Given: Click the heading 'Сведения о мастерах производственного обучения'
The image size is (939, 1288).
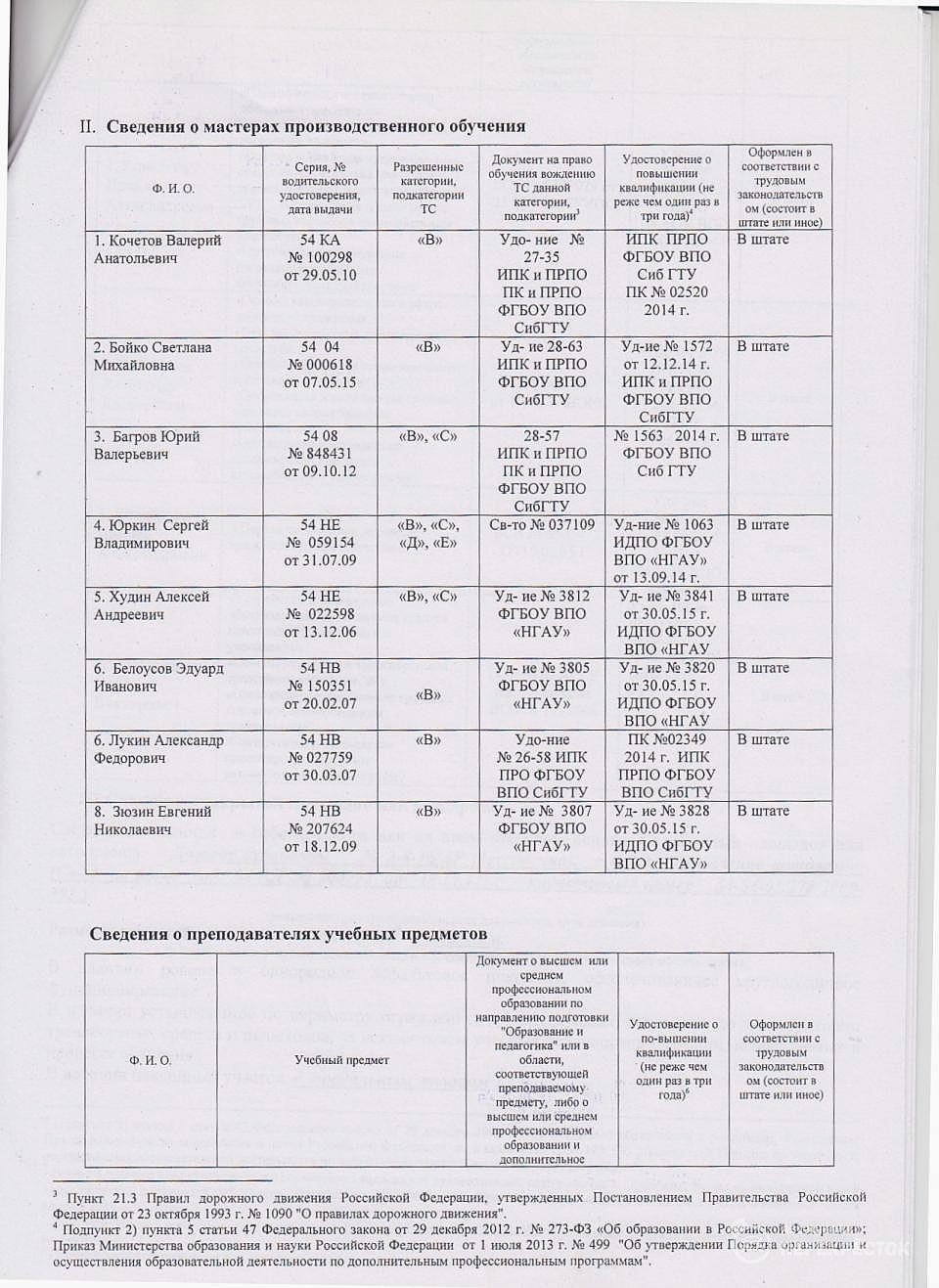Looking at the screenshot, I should [315, 126].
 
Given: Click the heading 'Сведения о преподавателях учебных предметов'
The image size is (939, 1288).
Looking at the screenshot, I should [289, 933].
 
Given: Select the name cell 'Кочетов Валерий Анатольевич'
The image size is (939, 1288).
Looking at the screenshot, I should [157, 248].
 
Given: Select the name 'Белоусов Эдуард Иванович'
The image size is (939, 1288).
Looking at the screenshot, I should [158, 677].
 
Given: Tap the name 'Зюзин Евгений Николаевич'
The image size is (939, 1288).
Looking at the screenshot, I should [153, 820].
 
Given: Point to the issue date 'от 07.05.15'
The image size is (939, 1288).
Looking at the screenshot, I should [320, 382].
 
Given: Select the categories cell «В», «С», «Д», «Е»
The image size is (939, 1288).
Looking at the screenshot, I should [427, 534].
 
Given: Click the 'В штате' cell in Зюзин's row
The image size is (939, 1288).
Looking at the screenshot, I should [763, 811].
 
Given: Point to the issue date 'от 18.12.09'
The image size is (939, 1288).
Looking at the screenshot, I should [320, 846].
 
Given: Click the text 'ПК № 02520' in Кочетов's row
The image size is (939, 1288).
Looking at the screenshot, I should [672, 292].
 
